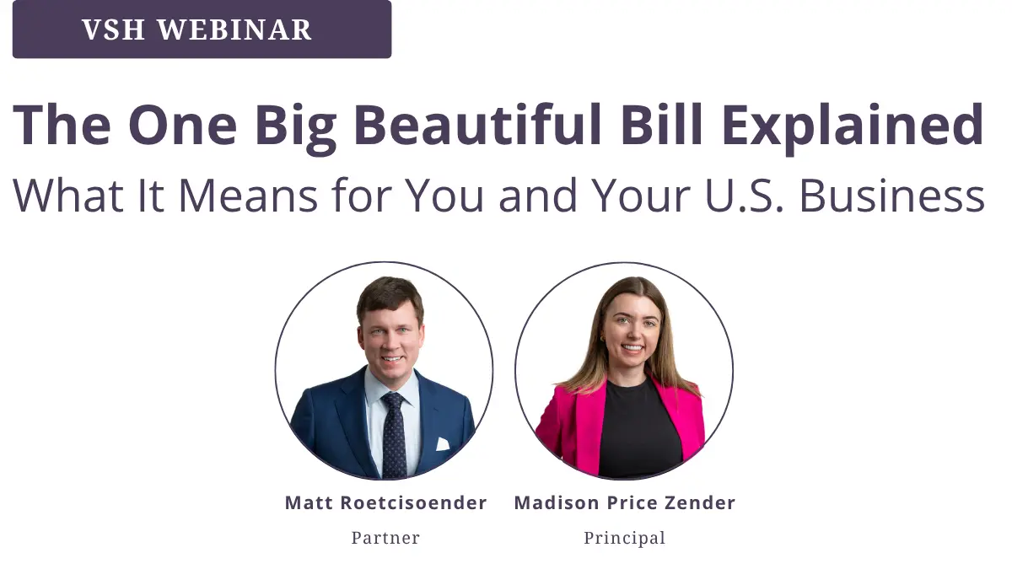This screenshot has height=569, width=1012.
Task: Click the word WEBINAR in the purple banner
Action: (x=234, y=30)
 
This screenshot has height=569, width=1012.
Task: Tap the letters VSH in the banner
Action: (x=113, y=30)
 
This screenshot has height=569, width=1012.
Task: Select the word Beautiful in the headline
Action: (x=478, y=124)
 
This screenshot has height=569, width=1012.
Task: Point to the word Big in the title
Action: (x=295, y=128)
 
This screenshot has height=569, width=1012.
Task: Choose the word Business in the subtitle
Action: (x=892, y=196)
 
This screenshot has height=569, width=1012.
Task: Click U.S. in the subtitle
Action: (x=744, y=196)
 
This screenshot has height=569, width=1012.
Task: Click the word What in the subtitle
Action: (x=68, y=196)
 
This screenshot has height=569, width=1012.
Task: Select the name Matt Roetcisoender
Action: (x=386, y=502)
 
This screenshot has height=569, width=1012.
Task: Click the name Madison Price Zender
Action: (x=625, y=502)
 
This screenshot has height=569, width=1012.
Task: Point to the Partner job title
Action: (x=386, y=538)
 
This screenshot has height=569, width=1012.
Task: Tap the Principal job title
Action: (x=625, y=539)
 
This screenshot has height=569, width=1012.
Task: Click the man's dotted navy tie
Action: (x=394, y=434)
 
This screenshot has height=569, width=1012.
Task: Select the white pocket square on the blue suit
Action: (x=442, y=444)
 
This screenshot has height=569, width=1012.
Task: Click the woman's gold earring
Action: (x=603, y=339)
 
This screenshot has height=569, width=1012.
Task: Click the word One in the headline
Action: (x=182, y=124)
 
